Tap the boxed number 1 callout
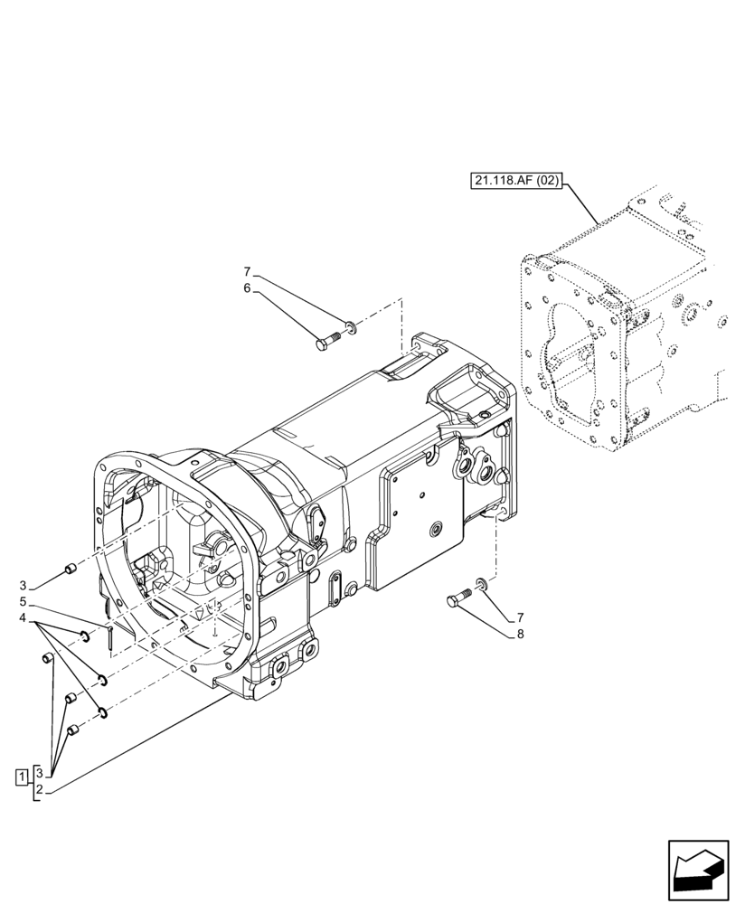tap(21, 776)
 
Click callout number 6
tap(246, 288)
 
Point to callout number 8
tap(520, 635)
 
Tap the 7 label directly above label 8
tap(520, 618)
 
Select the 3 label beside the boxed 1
tap(38, 773)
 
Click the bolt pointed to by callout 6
tap(326, 343)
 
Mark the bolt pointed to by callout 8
tap(458, 598)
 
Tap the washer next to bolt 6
tap(351, 325)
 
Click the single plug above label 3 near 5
tap(69, 569)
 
